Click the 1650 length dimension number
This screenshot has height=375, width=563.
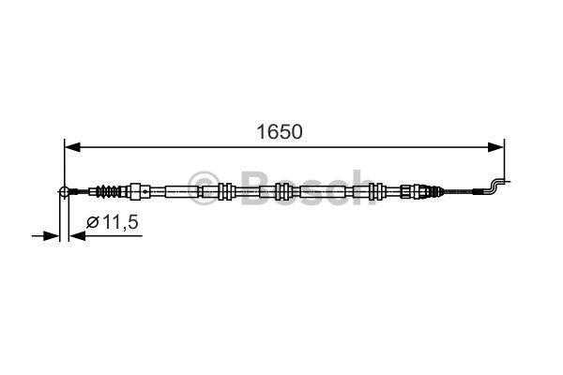(281, 131)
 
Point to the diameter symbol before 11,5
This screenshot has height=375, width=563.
(93, 222)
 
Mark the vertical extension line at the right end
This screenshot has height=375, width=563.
(505, 159)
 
